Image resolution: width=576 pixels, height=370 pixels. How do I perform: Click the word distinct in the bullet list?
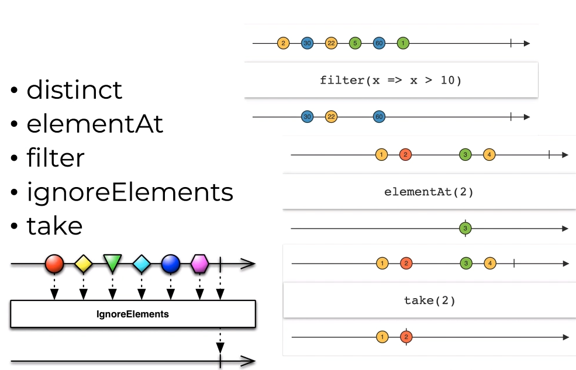point(74,90)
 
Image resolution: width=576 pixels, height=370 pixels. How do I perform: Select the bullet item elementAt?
point(95,124)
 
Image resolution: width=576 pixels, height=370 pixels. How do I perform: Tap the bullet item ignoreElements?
point(130,192)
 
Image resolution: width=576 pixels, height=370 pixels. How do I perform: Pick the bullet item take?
point(54,226)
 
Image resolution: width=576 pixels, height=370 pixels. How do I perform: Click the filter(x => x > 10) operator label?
point(391,80)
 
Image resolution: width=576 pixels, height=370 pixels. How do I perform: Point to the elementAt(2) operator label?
point(429,192)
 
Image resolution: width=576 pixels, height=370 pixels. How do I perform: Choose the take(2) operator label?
point(429,301)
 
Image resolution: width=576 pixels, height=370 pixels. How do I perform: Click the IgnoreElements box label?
point(133,314)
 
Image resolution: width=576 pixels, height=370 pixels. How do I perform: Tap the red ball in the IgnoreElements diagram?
point(54,264)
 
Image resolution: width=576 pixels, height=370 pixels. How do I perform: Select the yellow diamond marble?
point(84,264)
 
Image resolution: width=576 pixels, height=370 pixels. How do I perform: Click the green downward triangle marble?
point(112,263)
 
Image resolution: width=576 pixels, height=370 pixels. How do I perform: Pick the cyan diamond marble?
point(142,264)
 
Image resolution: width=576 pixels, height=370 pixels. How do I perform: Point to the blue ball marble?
point(170,264)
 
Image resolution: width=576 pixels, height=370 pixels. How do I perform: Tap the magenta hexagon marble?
point(200,264)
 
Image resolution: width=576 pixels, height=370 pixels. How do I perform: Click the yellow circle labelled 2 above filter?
point(283,43)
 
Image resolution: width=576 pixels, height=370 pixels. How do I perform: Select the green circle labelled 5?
point(355,43)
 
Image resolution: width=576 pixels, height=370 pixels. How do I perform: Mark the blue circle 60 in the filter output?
point(379,117)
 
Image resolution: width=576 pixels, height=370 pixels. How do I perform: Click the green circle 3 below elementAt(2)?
point(465,228)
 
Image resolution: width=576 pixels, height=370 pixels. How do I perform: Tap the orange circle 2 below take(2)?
point(406,337)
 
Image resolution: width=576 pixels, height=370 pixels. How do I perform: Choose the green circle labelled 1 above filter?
point(403,43)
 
